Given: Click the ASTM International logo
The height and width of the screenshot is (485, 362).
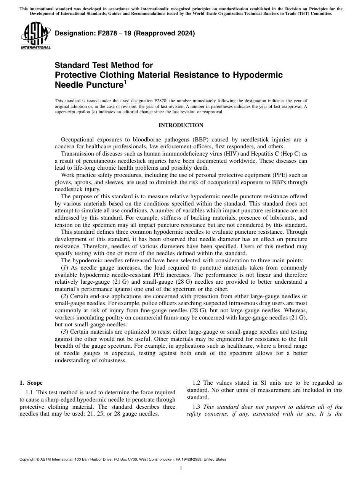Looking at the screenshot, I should pyautogui.click(x=35, y=36).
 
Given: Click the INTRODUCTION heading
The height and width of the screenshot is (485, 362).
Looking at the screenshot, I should pyautogui.click(x=181, y=125).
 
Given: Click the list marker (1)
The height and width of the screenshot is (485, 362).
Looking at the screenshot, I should pyautogui.click(x=64, y=268).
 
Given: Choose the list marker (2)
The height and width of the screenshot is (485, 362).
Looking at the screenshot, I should pyautogui.click(x=64, y=296).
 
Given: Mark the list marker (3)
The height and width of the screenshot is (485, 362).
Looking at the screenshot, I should pyautogui.click(x=64, y=332).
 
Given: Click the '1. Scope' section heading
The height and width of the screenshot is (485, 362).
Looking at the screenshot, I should pyautogui.click(x=31, y=383).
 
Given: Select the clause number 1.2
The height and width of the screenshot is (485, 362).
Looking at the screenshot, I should pyautogui.click(x=196, y=383).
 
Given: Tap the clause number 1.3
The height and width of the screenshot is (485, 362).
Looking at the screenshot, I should pyautogui.click(x=196, y=407).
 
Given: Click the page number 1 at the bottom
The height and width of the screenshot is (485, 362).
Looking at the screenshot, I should pyautogui.click(x=181, y=469).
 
